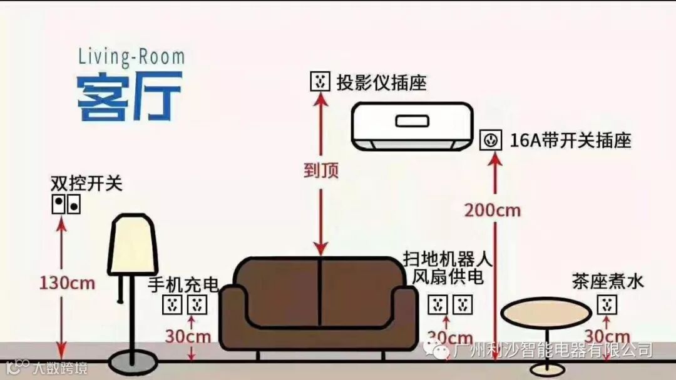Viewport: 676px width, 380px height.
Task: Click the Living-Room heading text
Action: coord(131,56)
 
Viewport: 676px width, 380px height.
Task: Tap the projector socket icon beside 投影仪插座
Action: coord(320,81)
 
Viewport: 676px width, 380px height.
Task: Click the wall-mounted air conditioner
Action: coord(412,126)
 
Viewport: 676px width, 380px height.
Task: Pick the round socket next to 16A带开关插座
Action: coord(490,140)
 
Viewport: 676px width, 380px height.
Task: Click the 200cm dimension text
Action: coord(492,210)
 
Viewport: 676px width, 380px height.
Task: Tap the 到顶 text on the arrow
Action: coord(321,171)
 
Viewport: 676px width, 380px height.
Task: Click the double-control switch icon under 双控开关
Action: coord(66,204)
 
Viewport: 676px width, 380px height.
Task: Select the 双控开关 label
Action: coord(87,184)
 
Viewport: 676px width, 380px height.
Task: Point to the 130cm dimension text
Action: coord(67,283)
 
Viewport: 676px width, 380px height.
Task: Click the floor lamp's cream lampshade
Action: coord(132,243)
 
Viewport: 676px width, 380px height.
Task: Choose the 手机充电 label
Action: coord(183,285)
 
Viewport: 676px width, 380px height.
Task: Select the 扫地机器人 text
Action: coord(448,258)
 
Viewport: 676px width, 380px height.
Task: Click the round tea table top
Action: coord(546,311)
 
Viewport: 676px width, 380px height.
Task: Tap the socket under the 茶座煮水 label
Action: coord(606,305)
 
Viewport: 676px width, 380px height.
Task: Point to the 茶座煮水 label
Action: coord(607,281)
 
